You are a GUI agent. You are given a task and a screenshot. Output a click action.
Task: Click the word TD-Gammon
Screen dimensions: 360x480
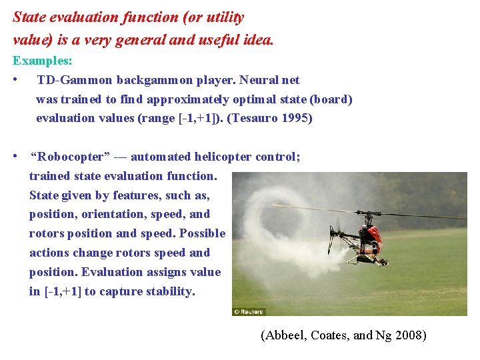[75, 80]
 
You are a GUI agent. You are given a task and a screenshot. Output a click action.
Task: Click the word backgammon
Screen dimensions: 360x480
[151, 80]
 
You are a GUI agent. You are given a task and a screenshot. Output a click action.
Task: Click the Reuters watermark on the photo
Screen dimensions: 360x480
[249, 311]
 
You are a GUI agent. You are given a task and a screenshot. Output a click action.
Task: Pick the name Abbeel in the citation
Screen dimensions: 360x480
[285, 335]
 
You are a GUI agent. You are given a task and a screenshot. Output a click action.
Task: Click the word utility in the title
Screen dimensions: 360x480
[219, 17]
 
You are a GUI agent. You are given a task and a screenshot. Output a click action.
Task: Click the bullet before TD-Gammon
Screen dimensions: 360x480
[15, 80]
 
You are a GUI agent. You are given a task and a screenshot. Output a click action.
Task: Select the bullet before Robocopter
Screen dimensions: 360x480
[15, 157]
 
